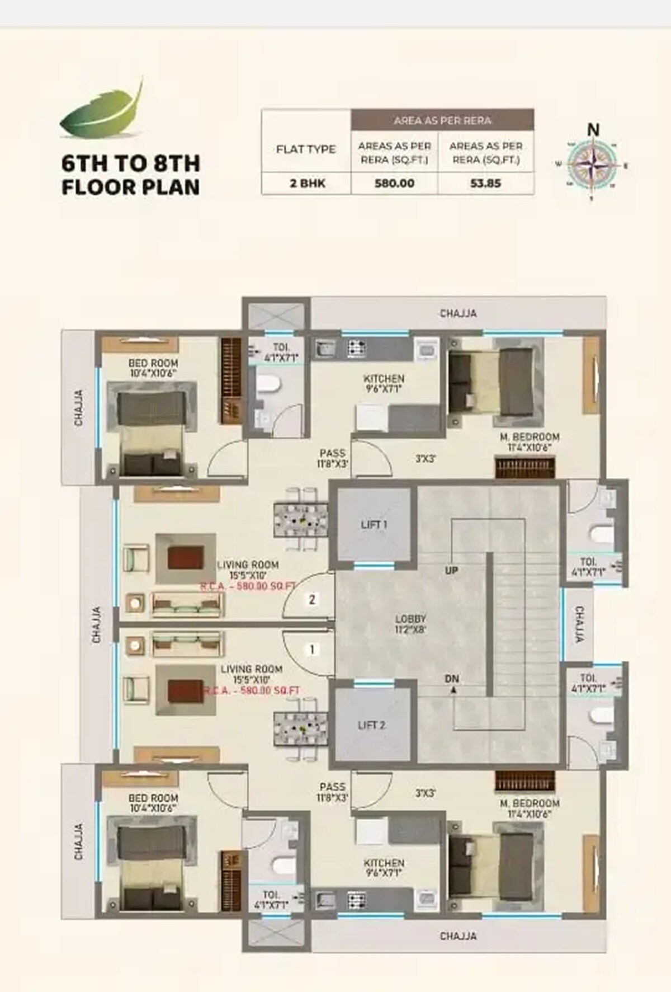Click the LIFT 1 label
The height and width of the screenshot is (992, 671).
374,525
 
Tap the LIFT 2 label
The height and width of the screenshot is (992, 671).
371,725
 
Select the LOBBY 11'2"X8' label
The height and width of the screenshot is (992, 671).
411,624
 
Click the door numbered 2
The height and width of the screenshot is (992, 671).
312,600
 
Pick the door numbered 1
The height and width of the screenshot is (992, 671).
312,650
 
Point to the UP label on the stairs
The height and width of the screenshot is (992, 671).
452,570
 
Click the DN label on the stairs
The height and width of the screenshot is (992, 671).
452,679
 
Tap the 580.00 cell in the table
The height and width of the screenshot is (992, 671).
394,183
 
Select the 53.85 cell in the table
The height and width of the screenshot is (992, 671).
485,183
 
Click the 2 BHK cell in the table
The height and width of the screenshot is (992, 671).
306,183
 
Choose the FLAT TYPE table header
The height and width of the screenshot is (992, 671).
306,149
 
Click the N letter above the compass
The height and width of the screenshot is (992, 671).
593,130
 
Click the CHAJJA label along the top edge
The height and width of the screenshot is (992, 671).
458,313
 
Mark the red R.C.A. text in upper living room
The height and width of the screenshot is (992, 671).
248,587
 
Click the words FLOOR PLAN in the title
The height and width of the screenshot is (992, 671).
130,187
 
